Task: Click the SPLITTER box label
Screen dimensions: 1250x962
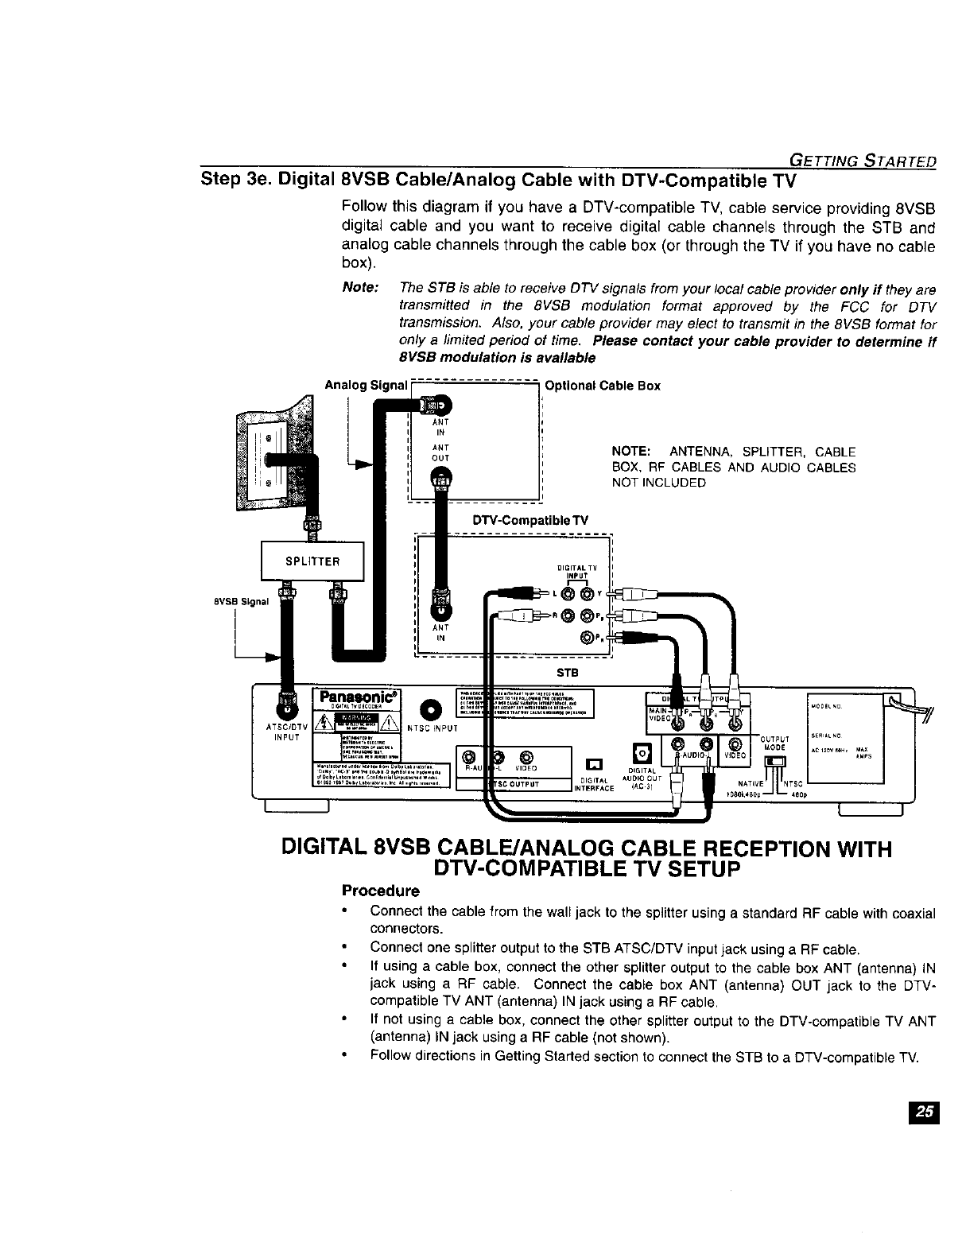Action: pyautogui.click(x=312, y=561)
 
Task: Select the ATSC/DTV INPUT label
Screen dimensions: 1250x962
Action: pyautogui.click(x=281, y=731)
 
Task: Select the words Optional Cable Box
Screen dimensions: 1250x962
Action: pyautogui.click(x=602, y=386)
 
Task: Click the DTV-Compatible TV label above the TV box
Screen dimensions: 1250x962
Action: pyautogui.click(x=530, y=520)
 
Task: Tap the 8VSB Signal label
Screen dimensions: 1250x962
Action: pyautogui.click(x=242, y=601)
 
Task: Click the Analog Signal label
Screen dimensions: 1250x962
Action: pyautogui.click(x=366, y=386)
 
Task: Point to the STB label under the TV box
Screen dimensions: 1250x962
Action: pyautogui.click(x=566, y=673)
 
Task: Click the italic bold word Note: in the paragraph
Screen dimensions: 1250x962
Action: pyautogui.click(x=359, y=287)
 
